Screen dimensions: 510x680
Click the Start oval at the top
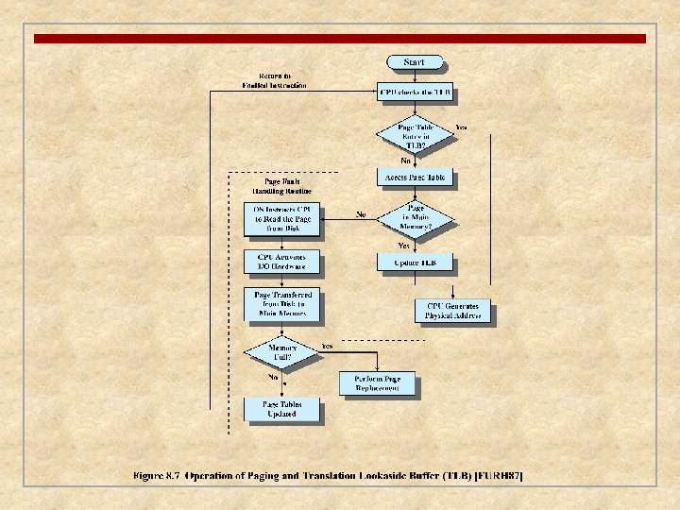click(x=414, y=62)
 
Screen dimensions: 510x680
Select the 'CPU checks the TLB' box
click(x=415, y=93)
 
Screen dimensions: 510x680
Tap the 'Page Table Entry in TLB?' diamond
click(x=415, y=134)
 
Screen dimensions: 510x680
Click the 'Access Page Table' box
click(x=415, y=177)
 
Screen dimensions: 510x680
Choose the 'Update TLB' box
click(x=415, y=262)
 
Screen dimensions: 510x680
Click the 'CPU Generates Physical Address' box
click(x=452, y=311)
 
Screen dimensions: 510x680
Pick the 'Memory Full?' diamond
click(x=282, y=350)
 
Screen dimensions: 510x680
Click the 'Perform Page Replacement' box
click(x=377, y=383)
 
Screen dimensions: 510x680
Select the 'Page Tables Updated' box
click(x=281, y=409)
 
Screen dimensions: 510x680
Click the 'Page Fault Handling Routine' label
click(x=283, y=185)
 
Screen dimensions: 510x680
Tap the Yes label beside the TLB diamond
click(x=461, y=127)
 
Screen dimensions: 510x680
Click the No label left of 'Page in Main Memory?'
click(x=361, y=213)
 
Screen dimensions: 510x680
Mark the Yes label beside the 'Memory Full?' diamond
click(x=327, y=347)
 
